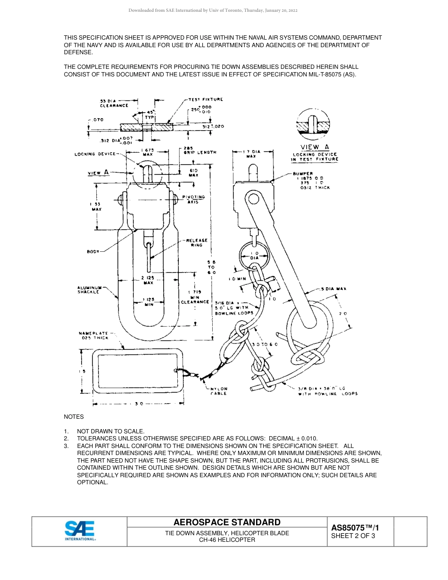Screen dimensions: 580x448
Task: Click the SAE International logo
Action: [x=80, y=531]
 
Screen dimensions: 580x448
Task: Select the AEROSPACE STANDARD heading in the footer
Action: [x=227, y=522]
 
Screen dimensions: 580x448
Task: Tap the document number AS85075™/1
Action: [x=355, y=528]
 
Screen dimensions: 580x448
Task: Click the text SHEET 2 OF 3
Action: [x=353, y=536]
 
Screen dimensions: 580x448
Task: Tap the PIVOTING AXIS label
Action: [x=193, y=199]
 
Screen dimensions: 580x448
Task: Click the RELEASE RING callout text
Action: [x=197, y=242]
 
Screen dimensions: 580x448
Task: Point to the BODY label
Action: [x=93, y=252]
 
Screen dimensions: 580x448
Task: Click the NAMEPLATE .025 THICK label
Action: [x=93, y=335]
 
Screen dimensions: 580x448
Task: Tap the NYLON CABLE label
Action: [x=218, y=391]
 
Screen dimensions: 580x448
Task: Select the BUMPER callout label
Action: [x=302, y=174]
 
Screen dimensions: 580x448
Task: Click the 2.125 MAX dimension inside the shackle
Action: [x=148, y=280]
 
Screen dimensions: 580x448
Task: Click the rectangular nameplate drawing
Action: [x=137, y=371]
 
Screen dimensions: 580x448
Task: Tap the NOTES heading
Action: [x=74, y=417]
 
